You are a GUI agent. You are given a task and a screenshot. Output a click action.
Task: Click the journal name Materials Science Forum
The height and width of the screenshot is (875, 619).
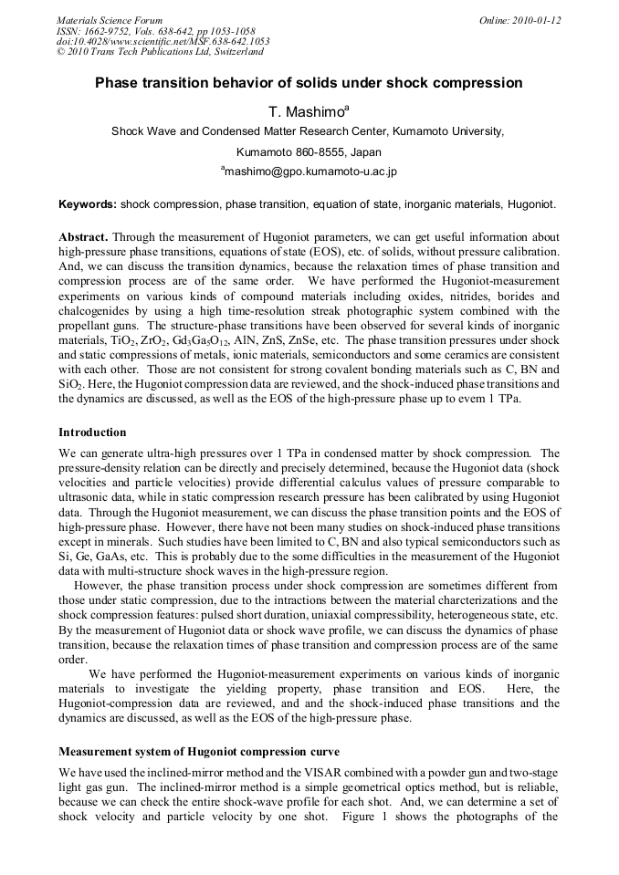point(110,20)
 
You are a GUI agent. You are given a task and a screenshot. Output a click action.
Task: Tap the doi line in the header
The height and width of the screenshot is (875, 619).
point(163,41)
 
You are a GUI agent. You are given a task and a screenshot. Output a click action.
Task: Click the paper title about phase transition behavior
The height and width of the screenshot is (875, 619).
point(309,83)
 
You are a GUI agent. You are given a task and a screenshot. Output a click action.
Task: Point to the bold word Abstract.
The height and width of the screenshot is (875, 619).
point(83,235)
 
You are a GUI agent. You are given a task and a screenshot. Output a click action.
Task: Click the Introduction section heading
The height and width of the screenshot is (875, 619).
point(92,432)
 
